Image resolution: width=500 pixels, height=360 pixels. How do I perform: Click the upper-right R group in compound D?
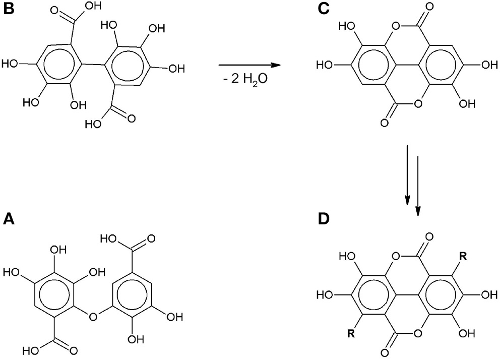coord(463,257)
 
